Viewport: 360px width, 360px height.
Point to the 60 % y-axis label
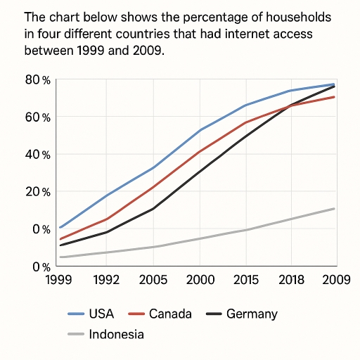click(37, 117)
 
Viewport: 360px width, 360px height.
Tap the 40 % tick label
click(37, 155)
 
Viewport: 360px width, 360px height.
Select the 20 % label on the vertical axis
click(37, 192)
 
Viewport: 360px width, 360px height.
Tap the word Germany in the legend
click(252, 314)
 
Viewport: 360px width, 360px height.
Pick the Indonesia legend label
click(117, 335)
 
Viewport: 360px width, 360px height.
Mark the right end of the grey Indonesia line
click(334, 209)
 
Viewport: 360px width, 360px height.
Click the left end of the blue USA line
click(60, 227)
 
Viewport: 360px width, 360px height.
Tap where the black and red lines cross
click(291, 105)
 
